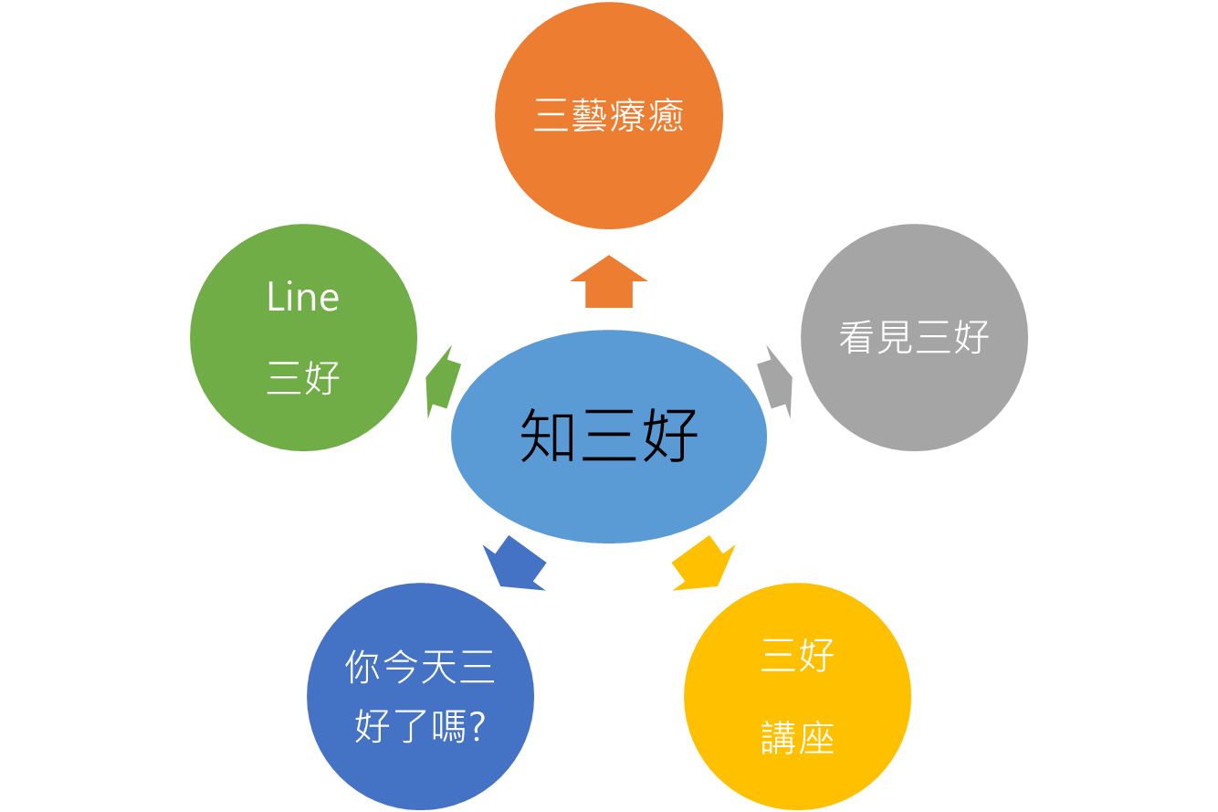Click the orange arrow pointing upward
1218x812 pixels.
pos(608,282)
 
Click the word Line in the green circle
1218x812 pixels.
pos(303,297)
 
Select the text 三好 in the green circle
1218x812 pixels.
pos(303,377)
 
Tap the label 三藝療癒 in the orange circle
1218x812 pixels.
pos(608,115)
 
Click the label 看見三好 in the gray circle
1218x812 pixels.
pos(914,337)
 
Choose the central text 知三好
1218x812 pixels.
pos(608,436)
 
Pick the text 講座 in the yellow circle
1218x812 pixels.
pos(798,737)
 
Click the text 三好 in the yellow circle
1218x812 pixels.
pos(798,655)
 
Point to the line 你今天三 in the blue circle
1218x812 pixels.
pos(420,666)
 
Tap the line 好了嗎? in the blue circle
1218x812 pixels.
pos(420,726)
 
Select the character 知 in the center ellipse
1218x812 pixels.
pos(548,436)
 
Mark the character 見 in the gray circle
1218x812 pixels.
pos(895,337)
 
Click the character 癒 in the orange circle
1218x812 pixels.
pos(667,115)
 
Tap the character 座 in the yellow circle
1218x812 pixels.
pos(816,737)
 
